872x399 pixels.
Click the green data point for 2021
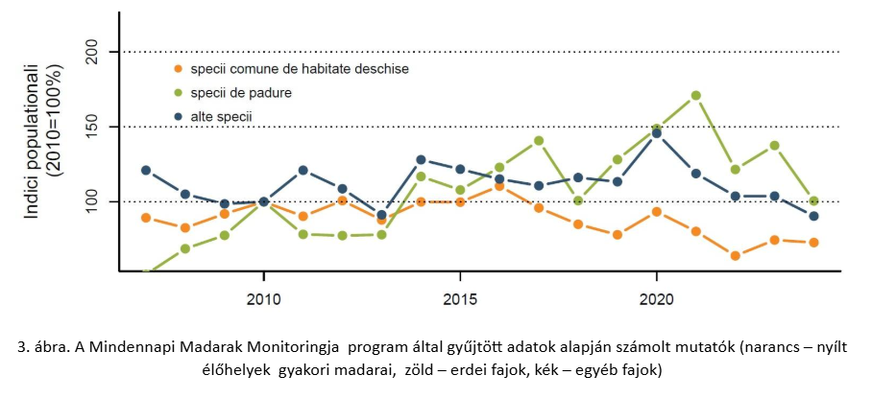pos(695,96)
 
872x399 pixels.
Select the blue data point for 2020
pos(656,133)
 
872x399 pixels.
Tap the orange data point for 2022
pos(735,256)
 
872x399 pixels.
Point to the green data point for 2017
pos(539,141)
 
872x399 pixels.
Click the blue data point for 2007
pos(146,171)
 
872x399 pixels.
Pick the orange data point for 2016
pos(499,186)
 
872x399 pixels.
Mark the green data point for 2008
pos(185,249)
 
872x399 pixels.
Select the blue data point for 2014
pos(421,160)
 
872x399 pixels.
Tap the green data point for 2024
pos(813,201)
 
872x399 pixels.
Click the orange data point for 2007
pos(146,218)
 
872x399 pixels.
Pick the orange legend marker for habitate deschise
pos(177,69)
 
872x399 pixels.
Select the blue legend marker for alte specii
pos(177,117)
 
